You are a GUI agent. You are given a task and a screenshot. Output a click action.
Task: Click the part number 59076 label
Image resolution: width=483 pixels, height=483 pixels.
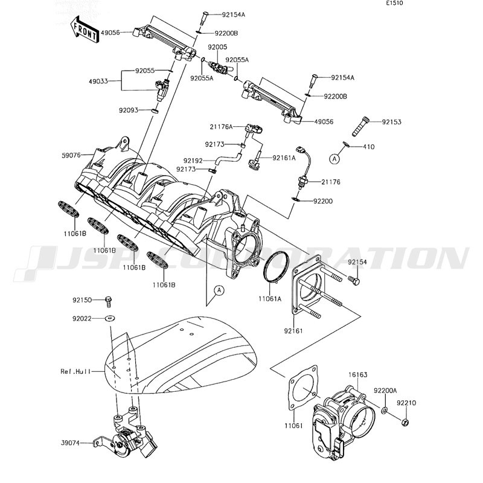coord(71,155)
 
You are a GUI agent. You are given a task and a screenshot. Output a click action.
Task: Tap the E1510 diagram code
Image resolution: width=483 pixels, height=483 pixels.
coord(395,4)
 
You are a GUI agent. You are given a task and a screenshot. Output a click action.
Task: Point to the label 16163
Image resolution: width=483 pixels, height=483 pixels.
coord(358,375)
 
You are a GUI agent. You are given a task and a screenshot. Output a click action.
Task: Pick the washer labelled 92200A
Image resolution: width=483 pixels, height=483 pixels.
coord(385,411)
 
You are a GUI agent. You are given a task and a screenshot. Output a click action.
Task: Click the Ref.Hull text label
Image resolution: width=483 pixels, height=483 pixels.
coord(76,371)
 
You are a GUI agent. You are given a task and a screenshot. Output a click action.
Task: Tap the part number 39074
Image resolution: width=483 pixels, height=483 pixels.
coord(70,443)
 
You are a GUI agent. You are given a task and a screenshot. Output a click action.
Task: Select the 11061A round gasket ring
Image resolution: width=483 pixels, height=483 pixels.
coord(276,267)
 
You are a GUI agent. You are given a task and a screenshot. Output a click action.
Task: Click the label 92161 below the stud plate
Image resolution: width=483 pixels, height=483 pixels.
coord(293,331)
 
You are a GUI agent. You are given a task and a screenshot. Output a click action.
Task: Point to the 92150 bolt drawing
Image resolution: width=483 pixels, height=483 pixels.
coord(108,301)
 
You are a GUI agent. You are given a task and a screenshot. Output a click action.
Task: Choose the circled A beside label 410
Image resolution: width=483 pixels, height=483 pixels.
coord(334,159)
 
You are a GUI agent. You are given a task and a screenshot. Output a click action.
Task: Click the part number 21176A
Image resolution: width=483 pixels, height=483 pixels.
coord(221,126)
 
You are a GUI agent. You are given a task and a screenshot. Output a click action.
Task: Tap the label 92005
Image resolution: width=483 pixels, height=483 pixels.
coord(217,47)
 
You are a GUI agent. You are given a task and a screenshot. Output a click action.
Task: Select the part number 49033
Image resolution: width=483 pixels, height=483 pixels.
coord(98,82)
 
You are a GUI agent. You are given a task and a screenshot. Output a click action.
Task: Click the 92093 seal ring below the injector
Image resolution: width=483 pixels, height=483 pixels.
coord(155,110)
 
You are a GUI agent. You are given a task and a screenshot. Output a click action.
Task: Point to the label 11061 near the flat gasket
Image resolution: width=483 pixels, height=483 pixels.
coord(293,426)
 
